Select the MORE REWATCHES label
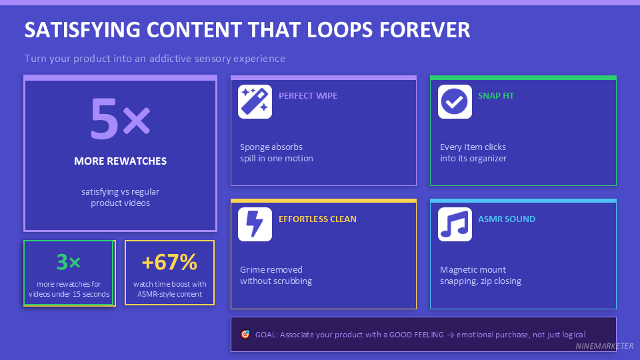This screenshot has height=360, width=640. click(x=120, y=161)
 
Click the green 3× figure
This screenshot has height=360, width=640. click(x=68, y=262)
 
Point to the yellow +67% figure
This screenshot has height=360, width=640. click(x=170, y=262)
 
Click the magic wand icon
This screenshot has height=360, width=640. click(x=255, y=102)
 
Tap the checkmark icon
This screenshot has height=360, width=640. click(x=455, y=102)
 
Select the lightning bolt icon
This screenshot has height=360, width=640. click(x=255, y=225)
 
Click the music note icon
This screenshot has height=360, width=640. click(x=455, y=225)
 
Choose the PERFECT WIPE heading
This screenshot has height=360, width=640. click(x=308, y=95)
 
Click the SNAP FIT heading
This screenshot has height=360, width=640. click(x=496, y=95)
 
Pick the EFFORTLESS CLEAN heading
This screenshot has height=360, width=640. click(x=317, y=219)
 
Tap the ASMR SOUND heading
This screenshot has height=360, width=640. click(x=507, y=219)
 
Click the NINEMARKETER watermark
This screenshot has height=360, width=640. click(x=605, y=346)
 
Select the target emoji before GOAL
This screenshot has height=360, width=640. click(x=245, y=334)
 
